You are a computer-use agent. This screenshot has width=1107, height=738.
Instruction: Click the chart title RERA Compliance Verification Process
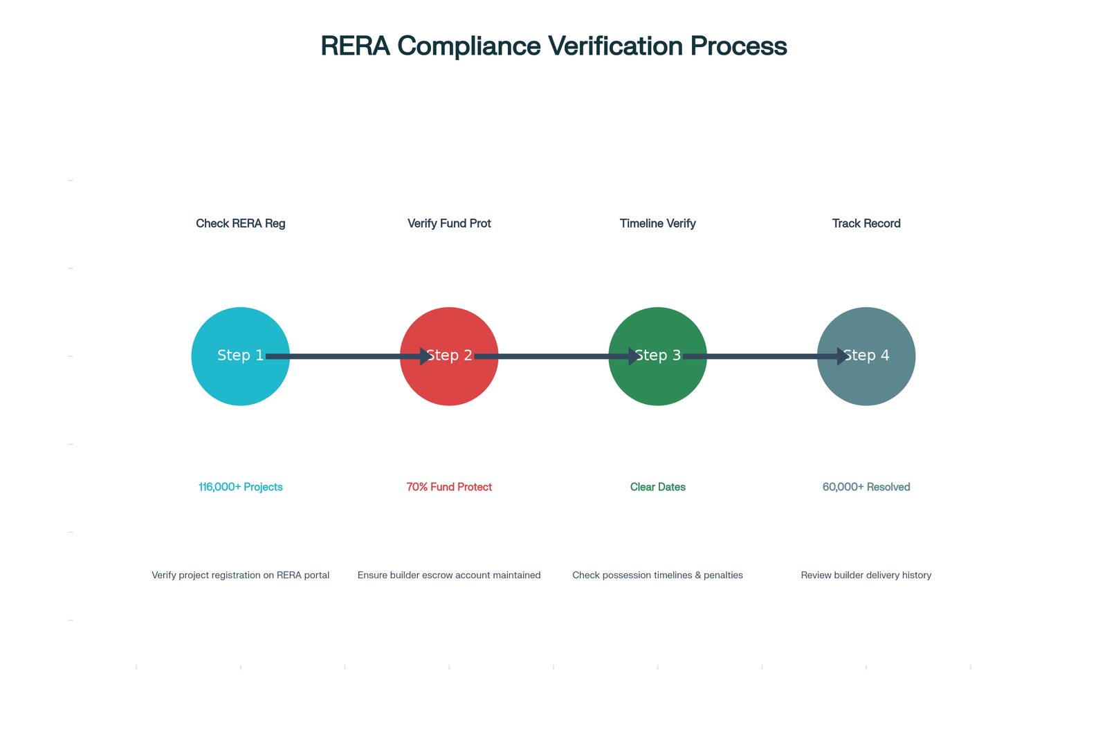click(553, 46)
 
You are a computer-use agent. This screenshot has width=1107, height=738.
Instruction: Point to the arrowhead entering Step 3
click(634, 356)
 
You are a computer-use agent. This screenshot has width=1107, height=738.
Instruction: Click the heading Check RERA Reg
click(241, 224)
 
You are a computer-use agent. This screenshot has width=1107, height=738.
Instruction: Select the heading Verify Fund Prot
click(449, 224)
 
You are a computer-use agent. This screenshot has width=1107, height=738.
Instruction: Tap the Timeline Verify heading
click(658, 224)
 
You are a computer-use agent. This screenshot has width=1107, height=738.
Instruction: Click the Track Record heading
click(866, 224)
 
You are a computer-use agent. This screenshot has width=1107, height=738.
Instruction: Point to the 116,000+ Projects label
click(241, 487)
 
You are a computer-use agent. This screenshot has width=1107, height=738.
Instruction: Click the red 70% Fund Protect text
click(449, 487)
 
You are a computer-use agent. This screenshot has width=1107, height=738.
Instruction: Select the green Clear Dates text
click(658, 487)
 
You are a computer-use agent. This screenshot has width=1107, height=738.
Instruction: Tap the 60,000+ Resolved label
click(866, 487)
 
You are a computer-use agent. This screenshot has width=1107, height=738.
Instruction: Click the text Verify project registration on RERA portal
click(241, 575)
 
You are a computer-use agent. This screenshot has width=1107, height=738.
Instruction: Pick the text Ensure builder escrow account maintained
click(449, 575)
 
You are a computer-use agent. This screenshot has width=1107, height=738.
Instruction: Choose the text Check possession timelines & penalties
click(658, 575)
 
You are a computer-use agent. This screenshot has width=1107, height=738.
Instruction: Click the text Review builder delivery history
click(866, 575)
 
